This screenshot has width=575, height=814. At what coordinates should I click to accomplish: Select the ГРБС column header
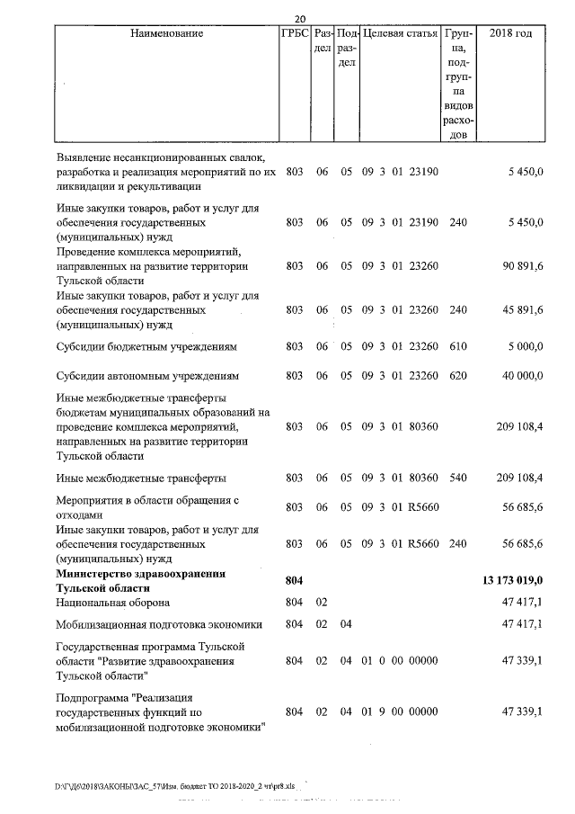[295, 33]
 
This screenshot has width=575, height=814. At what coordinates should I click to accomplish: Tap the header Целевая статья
[399, 33]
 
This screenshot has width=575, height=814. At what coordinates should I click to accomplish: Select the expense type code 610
[457, 344]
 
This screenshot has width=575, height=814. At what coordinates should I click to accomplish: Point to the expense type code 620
[457, 375]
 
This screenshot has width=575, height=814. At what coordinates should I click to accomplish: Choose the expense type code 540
[457, 478]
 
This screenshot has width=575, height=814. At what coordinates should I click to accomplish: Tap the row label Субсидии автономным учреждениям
[146, 375]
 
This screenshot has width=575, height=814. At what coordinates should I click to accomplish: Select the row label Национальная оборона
[112, 602]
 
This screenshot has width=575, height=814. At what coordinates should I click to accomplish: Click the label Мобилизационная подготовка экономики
[158, 623]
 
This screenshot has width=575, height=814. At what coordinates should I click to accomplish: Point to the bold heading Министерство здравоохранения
[140, 574]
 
